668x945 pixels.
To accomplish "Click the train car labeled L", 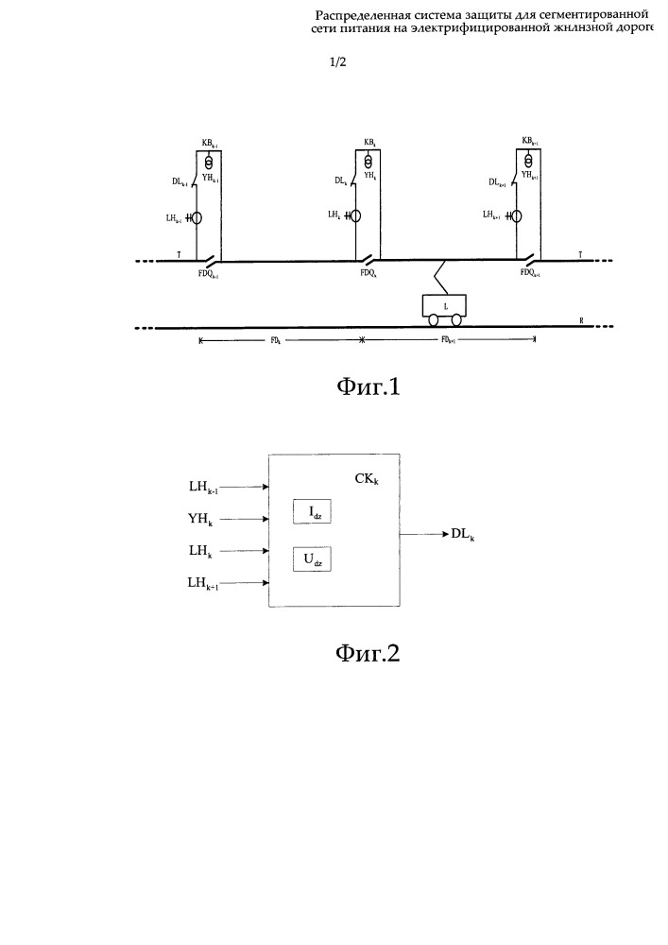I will click(x=443, y=305).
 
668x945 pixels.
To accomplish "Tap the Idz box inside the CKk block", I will click(x=313, y=514).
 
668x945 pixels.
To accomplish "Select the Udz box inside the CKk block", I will click(x=313, y=559).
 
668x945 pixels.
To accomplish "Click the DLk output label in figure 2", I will click(x=462, y=535).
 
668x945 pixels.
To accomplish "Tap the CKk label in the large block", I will click(x=367, y=479).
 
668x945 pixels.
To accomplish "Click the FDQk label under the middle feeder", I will click(x=368, y=273).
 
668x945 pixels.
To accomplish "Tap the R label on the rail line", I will click(x=582, y=321).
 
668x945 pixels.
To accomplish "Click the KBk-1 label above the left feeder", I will click(x=211, y=143).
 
